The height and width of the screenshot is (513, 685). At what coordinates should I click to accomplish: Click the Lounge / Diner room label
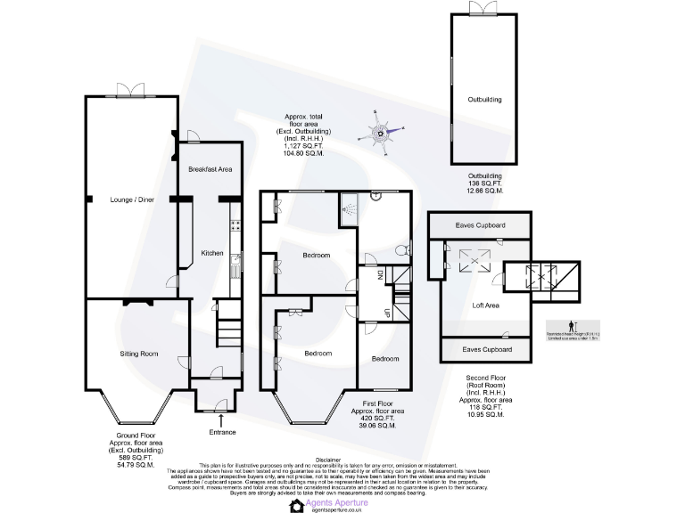(132, 199)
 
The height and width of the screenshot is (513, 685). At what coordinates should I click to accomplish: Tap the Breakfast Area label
(210, 169)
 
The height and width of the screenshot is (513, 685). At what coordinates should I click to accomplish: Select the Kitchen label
(211, 253)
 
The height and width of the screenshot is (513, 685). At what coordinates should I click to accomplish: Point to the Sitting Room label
(138, 354)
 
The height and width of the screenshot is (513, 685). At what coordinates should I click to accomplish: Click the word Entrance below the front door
(222, 432)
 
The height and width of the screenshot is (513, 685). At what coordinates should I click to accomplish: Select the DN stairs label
(379, 275)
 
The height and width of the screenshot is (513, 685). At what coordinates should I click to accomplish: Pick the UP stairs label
(386, 313)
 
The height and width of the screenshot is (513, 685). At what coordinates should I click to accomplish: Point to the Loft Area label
(485, 305)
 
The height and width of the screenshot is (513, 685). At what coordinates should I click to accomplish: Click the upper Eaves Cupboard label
(479, 225)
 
